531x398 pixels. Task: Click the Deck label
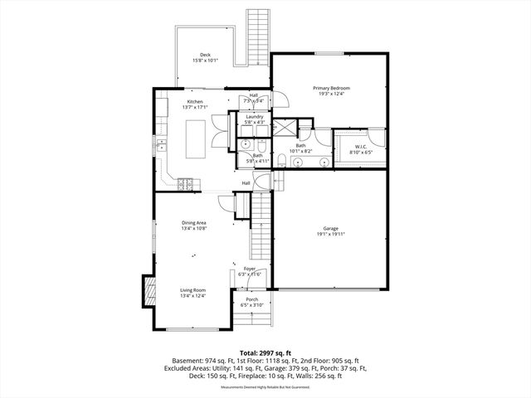[204, 55]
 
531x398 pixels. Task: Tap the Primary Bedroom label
[331, 88]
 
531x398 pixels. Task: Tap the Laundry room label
[255, 117]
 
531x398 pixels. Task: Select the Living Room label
[193, 289]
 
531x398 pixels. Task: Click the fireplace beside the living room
[150, 290]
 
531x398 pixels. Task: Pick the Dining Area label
[194, 222]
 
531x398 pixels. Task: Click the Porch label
[251, 299]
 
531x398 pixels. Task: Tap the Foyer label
[250, 269]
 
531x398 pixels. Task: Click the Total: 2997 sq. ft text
[265, 353]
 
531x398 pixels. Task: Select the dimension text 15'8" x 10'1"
[204, 61]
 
